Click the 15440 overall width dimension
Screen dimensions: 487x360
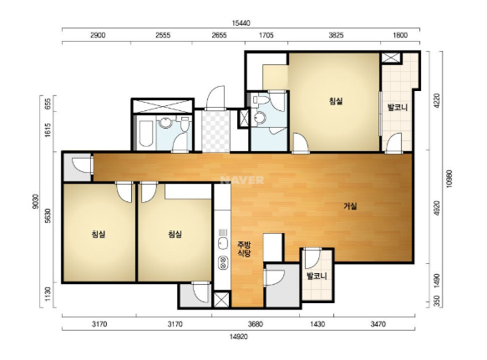click(x=241, y=23)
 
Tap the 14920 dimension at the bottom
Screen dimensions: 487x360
click(x=239, y=337)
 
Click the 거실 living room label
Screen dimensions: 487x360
click(x=350, y=206)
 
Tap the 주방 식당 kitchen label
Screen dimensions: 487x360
click(x=244, y=249)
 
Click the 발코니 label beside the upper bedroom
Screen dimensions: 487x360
click(x=398, y=108)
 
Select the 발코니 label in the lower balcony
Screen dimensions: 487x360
click(x=317, y=276)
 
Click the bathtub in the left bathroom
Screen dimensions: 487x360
click(x=146, y=134)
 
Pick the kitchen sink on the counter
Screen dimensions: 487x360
click(x=222, y=243)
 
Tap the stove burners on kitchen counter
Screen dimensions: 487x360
click(x=222, y=263)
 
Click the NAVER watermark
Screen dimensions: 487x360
click(x=242, y=180)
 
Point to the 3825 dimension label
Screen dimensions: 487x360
click(x=336, y=35)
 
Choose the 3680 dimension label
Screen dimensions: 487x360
click(x=256, y=324)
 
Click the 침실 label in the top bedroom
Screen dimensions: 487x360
click(x=336, y=101)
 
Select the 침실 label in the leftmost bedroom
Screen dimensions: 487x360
click(x=99, y=234)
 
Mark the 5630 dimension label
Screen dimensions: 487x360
click(x=48, y=215)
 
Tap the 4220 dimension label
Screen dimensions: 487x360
click(x=437, y=100)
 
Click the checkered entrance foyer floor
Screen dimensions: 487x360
click(x=216, y=131)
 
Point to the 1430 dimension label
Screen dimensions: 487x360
click(x=317, y=324)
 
